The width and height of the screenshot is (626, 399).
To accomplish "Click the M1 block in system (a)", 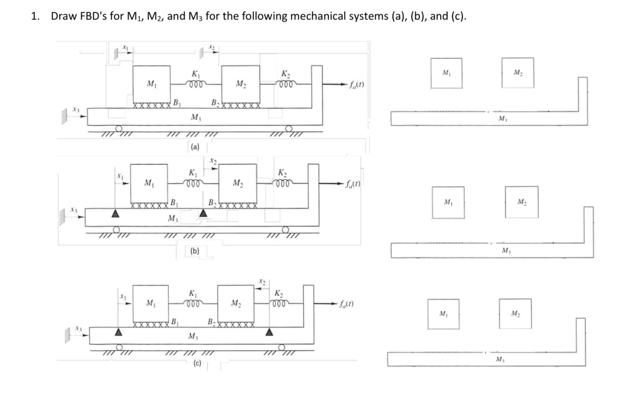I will click(x=151, y=84).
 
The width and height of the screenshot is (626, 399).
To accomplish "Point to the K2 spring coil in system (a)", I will click(x=287, y=84).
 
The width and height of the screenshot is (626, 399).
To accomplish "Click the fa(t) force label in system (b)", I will click(x=353, y=184).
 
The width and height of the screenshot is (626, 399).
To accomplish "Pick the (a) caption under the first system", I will click(x=195, y=146).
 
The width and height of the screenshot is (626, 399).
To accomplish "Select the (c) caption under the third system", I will click(x=197, y=363).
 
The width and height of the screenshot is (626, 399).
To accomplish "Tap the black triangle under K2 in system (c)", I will click(x=269, y=333).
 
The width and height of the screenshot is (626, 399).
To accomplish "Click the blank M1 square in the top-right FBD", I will click(x=446, y=73).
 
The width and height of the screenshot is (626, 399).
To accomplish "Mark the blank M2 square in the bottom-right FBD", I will click(x=515, y=313).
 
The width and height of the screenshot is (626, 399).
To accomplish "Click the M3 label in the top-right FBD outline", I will click(x=502, y=120).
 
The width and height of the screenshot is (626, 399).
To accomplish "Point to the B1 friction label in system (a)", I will click(x=175, y=101).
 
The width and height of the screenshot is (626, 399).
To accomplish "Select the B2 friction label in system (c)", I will click(x=211, y=322).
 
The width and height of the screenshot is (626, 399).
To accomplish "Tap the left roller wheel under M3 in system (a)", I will click(x=119, y=128).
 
